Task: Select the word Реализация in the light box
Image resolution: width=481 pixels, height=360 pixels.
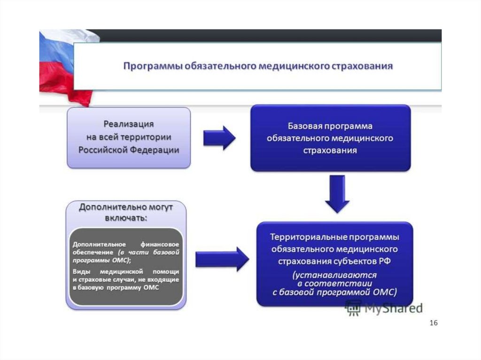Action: pos(129,124)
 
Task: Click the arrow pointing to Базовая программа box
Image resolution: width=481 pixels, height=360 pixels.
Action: pos(219,138)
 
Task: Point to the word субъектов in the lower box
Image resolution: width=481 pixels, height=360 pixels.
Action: pos(354,260)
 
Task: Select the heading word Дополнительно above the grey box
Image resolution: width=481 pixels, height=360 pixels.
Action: pos(107,207)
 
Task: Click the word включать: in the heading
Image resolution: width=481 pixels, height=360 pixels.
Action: pos(126,218)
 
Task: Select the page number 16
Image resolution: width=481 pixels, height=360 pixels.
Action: pos(433,323)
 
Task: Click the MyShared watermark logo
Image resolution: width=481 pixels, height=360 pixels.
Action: pos(384,308)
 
